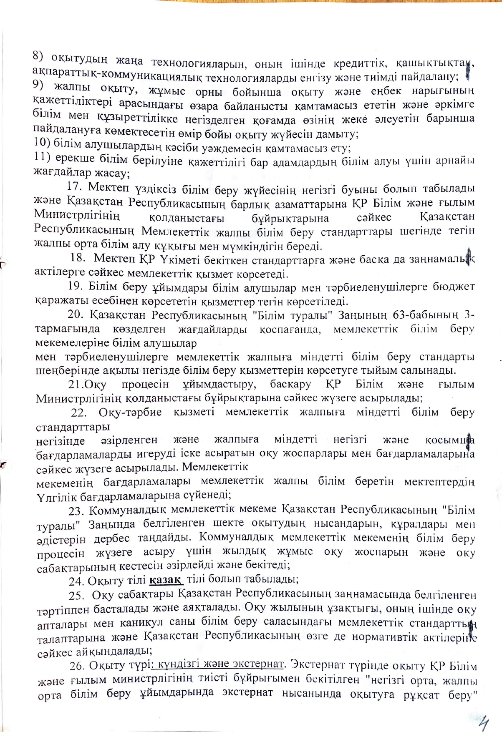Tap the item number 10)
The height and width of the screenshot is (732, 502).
(x=42, y=142)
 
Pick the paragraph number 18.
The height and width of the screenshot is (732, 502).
(x=78, y=258)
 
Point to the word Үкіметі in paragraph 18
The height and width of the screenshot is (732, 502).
(x=176, y=259)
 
